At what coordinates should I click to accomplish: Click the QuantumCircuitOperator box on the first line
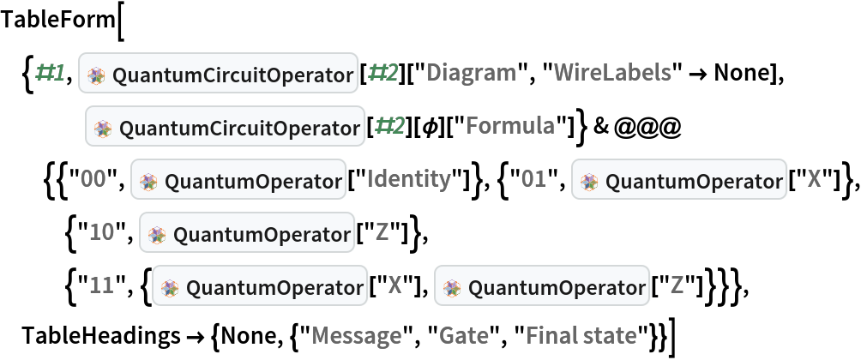coord(219,75)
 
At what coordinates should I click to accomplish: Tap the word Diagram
coord(472,74)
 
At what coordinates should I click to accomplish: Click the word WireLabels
coord(612,74)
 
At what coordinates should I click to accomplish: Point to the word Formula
coord(509,127)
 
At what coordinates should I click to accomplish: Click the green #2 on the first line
coord(382,74)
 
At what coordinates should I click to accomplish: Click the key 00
coord(93,179)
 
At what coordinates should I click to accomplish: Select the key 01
coord(533,179)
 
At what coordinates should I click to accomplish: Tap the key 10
coord(101,232)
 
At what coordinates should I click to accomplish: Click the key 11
coord(101,285)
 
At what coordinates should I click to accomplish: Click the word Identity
coord(409,179)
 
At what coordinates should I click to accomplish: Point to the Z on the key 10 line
coord(382,232)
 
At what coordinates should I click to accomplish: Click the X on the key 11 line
coord(394,285)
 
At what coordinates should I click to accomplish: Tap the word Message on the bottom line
coord(356,335)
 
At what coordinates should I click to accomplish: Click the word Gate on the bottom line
coord(464,335)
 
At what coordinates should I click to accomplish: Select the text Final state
coord(581,335)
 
